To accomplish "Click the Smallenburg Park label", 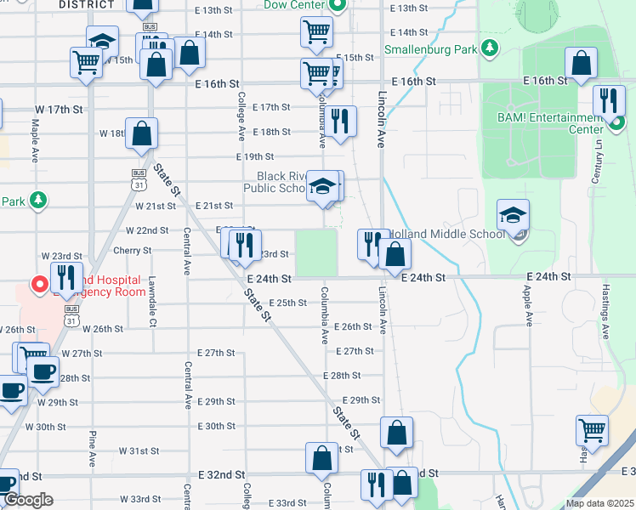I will (x=430, y=49).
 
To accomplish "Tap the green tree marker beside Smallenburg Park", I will (x=489, y=48).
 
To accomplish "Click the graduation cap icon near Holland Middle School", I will (x=514, y=216).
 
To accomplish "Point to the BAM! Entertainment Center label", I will (x=553, y=124).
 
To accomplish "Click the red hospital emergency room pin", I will (x=38, y=284).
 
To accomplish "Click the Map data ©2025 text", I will (x=599, y=503).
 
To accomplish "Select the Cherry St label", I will (x=132, y=251).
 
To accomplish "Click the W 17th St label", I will (x=59, y=110).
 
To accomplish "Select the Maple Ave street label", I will (x=36, y=141).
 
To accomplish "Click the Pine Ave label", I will (x=90, y=449).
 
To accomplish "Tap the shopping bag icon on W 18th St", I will (x=141, y=133).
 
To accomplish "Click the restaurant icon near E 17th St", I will (x=341, y=121).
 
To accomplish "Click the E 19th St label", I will (x=255, y=156).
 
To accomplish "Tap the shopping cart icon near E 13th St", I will (x=316, y=32).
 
